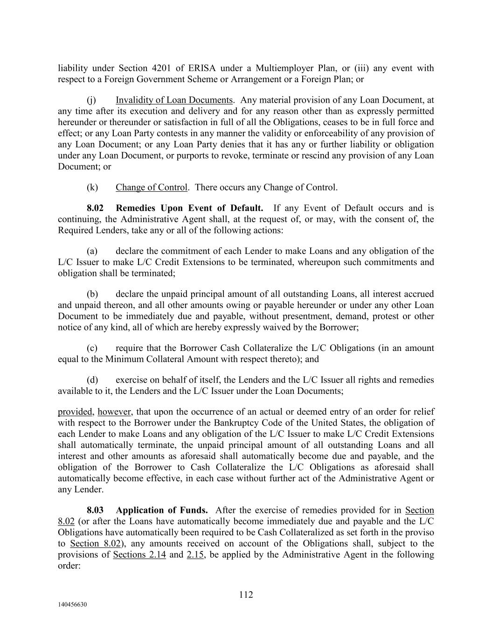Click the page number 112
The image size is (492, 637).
point(246,595)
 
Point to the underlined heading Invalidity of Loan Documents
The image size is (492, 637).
point(174,100)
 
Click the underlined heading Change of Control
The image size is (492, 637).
point(152,188)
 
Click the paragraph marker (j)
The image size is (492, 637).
point(91,100)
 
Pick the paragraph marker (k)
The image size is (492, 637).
point(92,188)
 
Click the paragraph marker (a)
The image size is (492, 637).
point(92,251)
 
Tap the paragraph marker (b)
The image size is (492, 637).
point(92,294)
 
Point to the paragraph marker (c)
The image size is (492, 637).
point(92,348)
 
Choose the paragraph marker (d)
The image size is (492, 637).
point(92,380)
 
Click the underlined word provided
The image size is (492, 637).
point(75,412)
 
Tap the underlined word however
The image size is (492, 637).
point(114,412)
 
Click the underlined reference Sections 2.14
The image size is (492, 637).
point(139,555)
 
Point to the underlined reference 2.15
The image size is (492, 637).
point(195,555)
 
